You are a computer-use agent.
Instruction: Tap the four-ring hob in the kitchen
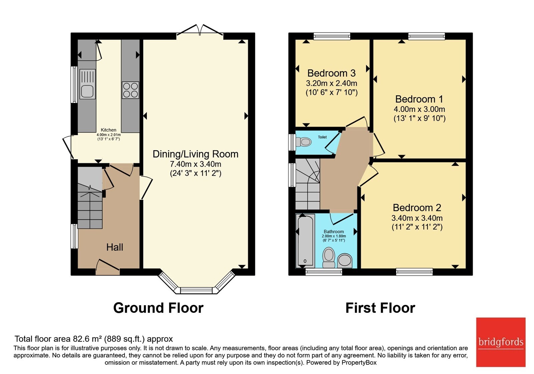tap(130, 90)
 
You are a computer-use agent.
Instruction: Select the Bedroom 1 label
tap(419, 99)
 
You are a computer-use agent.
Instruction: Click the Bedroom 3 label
tap(331, 73)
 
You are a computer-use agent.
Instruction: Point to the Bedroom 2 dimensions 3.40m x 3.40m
tap(417, 218)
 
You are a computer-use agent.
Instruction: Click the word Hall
tap(115, 247)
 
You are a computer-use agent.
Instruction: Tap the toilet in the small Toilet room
tap(303, 142)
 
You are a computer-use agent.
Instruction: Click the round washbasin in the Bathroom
tap(345, 260)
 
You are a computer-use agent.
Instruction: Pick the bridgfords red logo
tap(501, 342)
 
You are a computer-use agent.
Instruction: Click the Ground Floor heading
tap(158, 308)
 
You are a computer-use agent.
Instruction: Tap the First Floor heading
tap(380, 308)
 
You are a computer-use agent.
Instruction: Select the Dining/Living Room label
tap(196, 154)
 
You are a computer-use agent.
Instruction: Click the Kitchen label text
tap(108, 130)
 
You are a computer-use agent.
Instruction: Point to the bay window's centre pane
tap(196, 290)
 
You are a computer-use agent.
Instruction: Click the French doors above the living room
tap(200, 32)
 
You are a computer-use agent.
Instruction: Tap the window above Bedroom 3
tap(332, 36)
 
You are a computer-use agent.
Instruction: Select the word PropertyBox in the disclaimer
tap(359, 363)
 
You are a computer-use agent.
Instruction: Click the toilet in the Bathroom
tap(328, 257)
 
